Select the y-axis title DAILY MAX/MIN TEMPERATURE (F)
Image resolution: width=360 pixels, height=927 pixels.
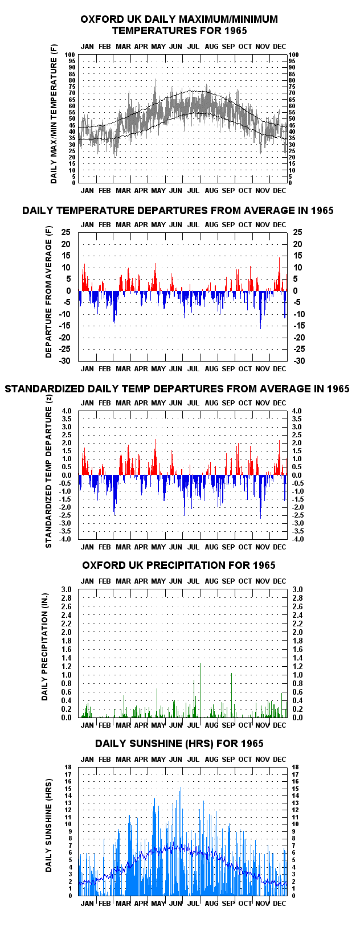54,114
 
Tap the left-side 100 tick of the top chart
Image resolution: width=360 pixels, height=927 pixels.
70,55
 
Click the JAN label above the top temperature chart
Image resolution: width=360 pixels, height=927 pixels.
87,47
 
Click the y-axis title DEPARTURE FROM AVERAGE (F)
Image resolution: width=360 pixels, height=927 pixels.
49,292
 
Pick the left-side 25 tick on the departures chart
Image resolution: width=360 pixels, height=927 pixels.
66,232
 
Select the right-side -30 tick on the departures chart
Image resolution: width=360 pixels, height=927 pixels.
299,361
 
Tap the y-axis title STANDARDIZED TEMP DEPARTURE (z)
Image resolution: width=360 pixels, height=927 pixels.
49,472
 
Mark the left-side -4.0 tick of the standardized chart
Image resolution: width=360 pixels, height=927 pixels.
64,539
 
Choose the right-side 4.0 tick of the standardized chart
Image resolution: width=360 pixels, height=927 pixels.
297,411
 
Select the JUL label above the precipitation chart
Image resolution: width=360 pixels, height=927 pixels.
193,581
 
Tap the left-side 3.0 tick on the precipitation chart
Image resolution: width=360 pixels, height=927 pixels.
66,590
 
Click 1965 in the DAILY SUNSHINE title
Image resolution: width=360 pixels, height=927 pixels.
252,744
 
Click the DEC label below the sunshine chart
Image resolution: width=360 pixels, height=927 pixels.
279,904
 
